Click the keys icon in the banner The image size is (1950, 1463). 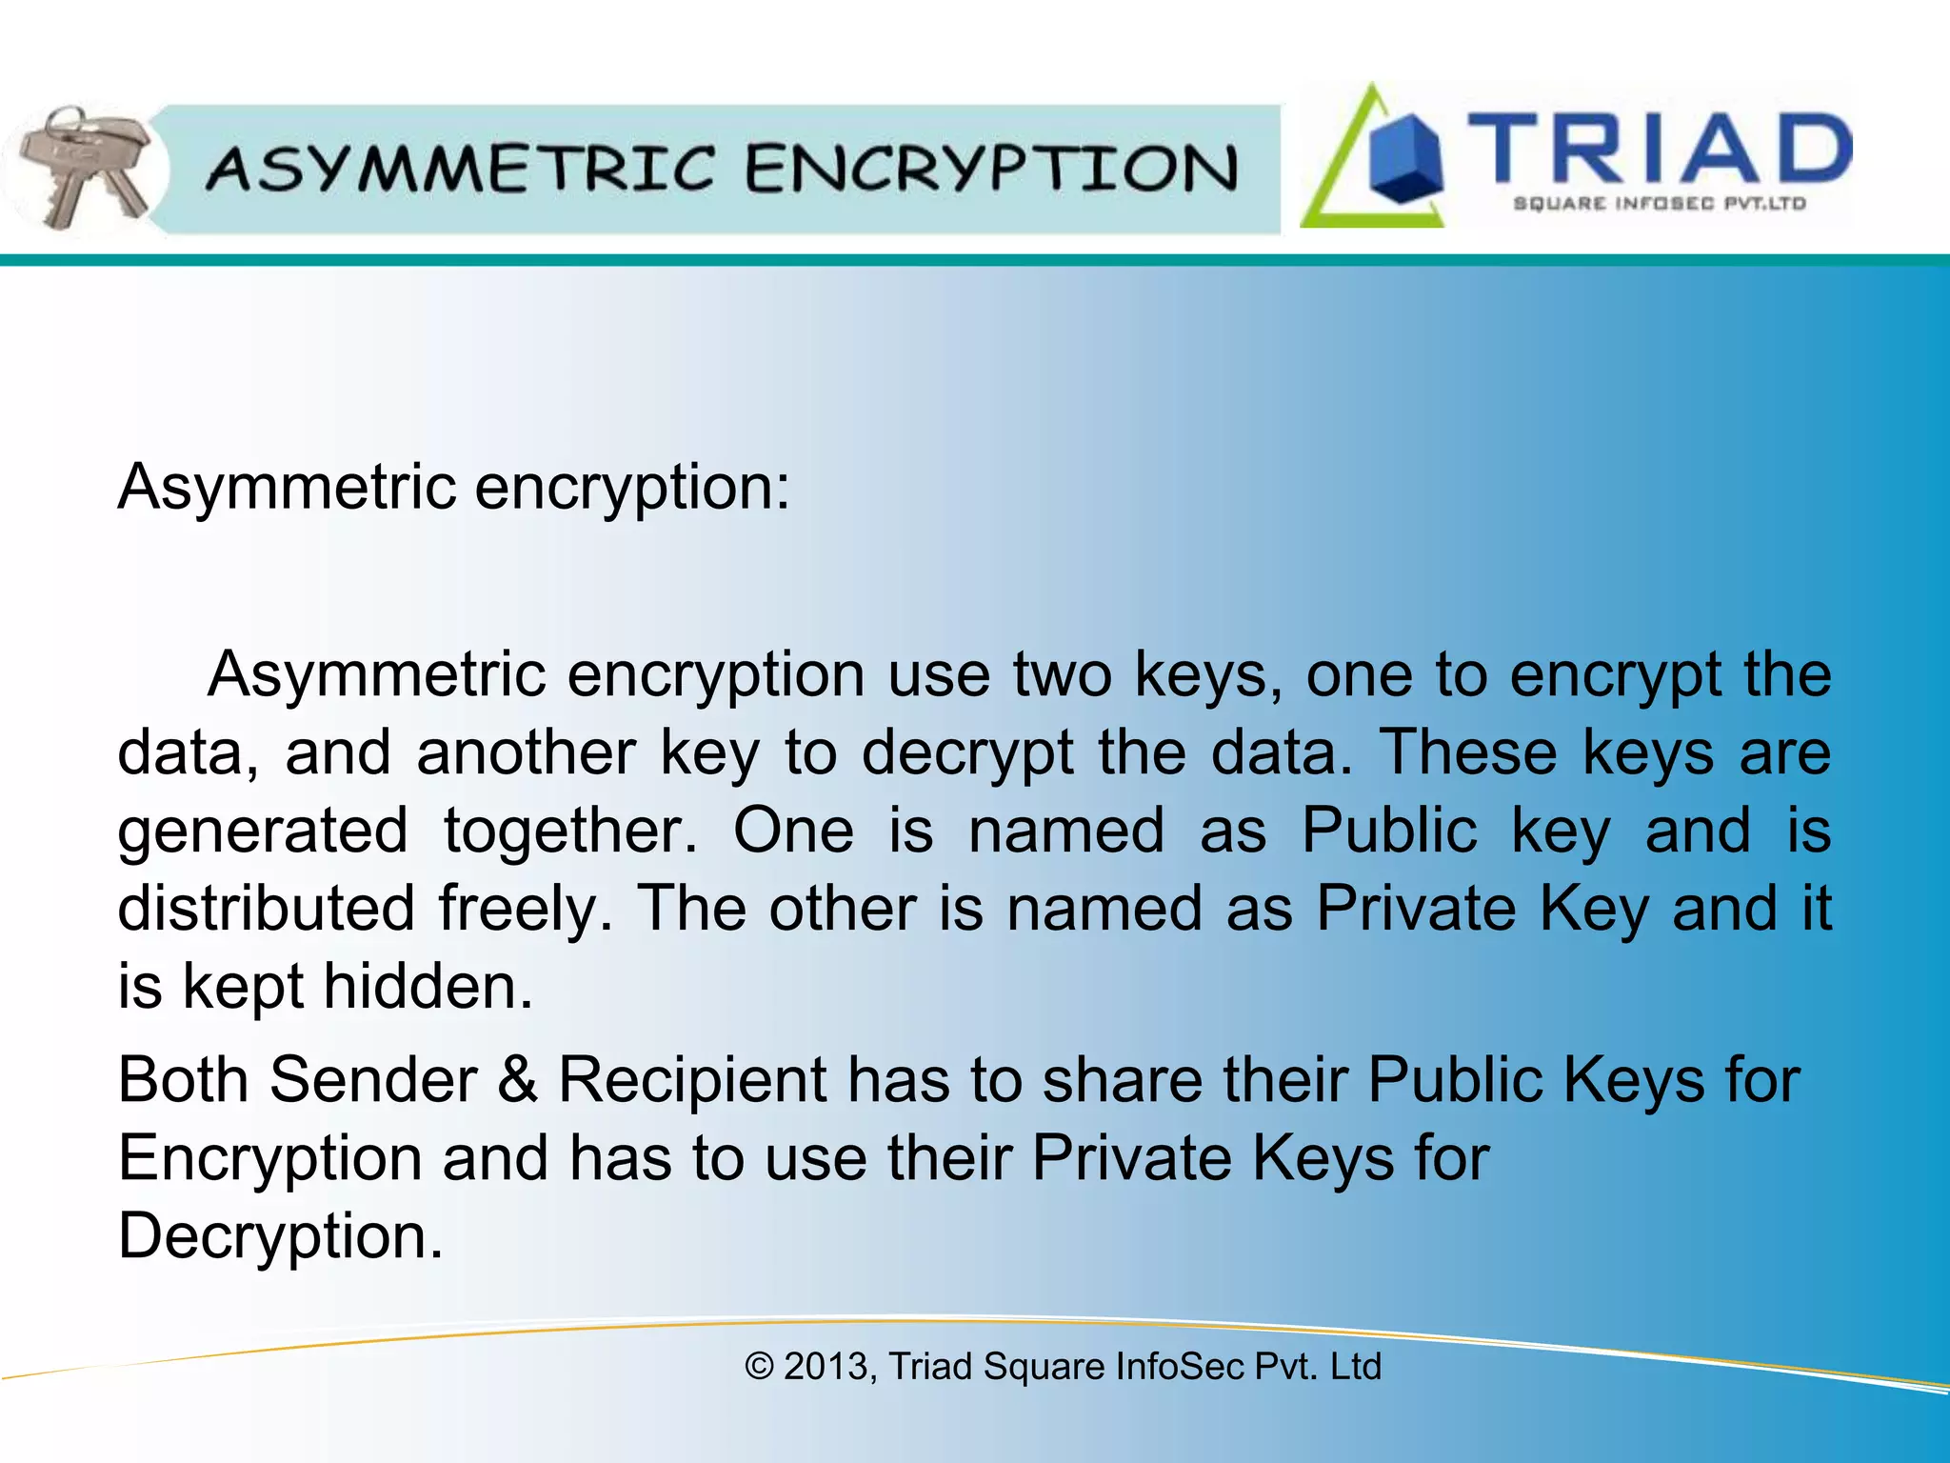[84, 167]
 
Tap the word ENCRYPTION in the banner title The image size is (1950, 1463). [991, 169]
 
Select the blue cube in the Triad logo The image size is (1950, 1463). [1404, 159]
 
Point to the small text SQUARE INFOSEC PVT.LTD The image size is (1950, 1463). [1659, 203]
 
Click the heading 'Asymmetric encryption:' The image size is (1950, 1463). [453, 488]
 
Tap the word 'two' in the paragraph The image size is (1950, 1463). [1062, 674]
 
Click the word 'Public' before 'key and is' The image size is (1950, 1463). [1389, 831]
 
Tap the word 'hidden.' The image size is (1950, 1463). [428, 987]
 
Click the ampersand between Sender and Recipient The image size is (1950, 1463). [517, 1080]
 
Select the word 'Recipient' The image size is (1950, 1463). [692, 1080]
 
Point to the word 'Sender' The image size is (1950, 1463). [373, 1080]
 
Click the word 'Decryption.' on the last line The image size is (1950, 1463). [281, 1236]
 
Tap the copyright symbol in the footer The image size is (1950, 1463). [759, 1366]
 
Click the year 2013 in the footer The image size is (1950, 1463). [826, 1366]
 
